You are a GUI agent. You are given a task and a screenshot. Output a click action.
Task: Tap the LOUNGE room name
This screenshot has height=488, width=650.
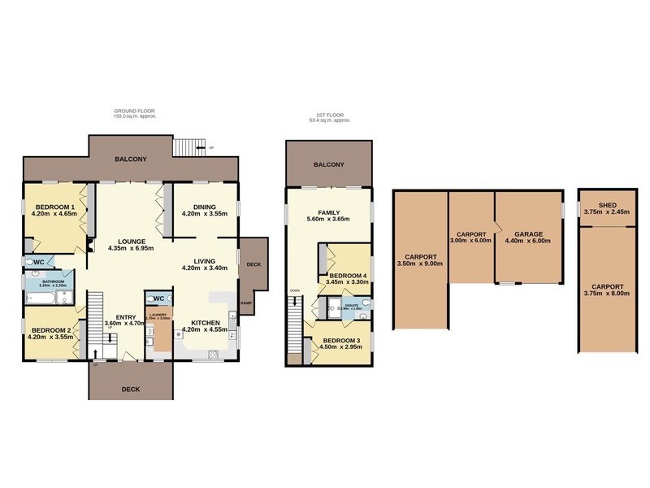[x=131, y=241]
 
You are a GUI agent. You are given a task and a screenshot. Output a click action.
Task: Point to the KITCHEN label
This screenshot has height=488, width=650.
[x=204, y=321]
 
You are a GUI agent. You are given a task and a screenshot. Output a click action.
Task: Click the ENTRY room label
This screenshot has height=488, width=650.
[x=126, y=316]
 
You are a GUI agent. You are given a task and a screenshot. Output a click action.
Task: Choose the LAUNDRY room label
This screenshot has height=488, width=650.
[x=158, y=312]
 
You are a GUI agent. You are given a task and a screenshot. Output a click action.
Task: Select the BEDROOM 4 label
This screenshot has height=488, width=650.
[x=347, y=275]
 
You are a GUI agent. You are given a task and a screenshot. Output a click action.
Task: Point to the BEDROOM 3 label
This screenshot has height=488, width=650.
[x=340, y=340]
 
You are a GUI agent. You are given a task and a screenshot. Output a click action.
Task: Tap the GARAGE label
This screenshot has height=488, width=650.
[x=528, y=232]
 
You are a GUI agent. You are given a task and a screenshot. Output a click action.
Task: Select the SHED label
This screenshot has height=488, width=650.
[x=607, y=206]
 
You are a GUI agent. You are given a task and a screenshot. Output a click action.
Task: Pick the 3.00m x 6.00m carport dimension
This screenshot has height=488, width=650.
[x=472, y=241]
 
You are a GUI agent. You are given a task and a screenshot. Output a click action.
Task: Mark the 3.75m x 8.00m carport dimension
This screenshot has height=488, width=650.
[x=607, y=295]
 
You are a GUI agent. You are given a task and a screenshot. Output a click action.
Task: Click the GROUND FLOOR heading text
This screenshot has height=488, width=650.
[x=135, y=111]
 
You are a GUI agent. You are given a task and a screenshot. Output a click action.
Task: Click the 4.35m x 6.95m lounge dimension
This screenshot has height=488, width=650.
[x=131, y=249]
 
